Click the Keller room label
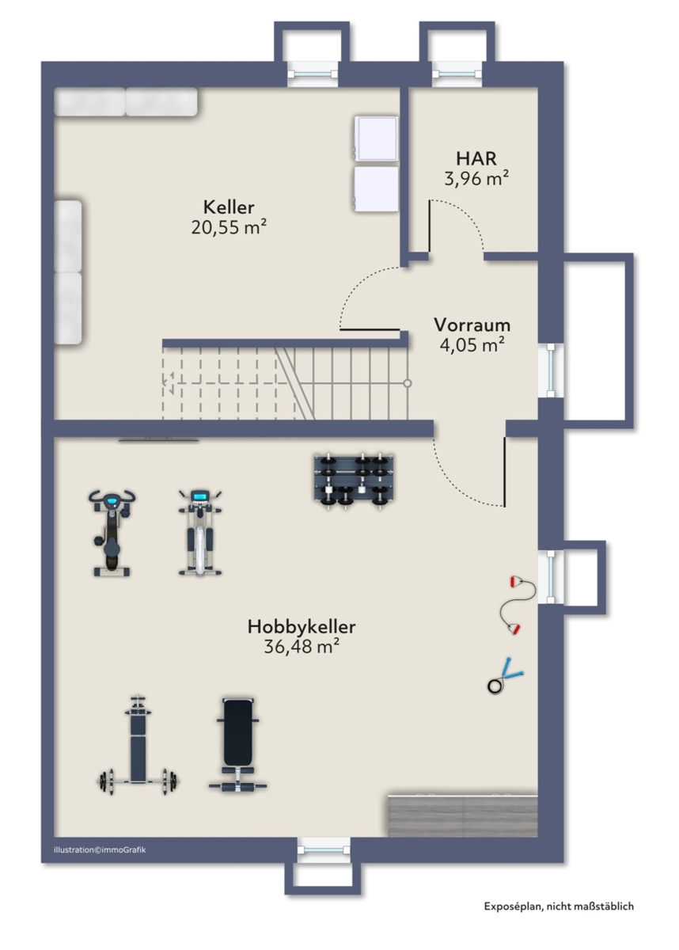[229, 207]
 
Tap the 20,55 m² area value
[229, 227]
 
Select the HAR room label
[476, 158]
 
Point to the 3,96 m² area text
[476, 179]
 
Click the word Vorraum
[472, 325]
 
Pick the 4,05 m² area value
[472, 345]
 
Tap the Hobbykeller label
[302, 626]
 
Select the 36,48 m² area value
[302, 646]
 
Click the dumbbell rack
[354, 481]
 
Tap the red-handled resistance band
[518, 605]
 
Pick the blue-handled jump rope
[504, 676]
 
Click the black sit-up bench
[237, 745]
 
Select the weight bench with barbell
[137, 746]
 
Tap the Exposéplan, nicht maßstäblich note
[559, 906]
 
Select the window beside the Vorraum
[551, 370]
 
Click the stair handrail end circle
[408, 383]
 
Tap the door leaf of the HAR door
[430, 227]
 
